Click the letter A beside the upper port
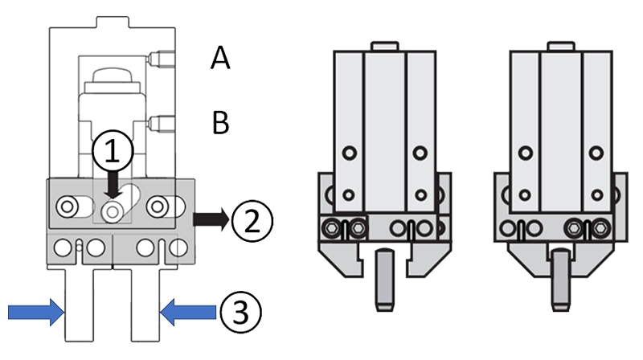220,58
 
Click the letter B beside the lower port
220,123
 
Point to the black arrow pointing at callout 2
211,218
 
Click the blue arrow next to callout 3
188,309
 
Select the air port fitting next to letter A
164,58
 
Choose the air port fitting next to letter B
164,123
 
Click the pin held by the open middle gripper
384,281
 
